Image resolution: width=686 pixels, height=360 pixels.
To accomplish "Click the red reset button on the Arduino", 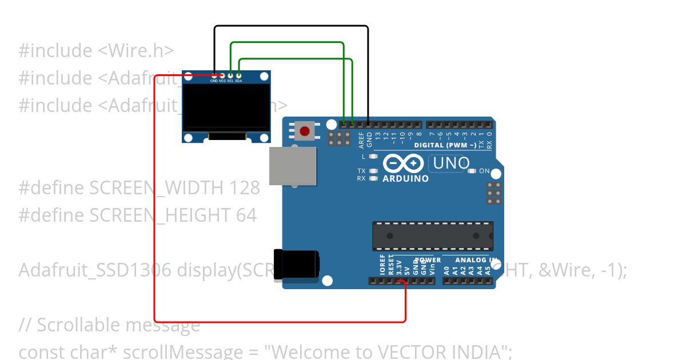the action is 305,131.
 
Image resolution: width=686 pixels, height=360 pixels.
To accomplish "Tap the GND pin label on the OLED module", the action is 214,81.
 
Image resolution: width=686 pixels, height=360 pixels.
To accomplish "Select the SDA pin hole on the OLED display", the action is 239,75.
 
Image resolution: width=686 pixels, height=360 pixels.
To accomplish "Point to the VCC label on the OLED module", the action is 222,81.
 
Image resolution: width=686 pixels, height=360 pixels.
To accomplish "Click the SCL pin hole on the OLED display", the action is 230,75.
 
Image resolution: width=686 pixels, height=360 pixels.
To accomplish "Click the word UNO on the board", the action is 451,163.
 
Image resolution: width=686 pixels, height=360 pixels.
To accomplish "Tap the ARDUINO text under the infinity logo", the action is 405,179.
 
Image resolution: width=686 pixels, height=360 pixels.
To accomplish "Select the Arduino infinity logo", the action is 405,163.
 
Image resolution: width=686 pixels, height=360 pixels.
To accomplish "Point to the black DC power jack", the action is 296,265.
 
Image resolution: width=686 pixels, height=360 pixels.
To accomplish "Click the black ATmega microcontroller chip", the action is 433,236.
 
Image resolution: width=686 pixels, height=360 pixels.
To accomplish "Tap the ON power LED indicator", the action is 472,171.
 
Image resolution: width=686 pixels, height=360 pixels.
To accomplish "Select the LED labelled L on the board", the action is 374,156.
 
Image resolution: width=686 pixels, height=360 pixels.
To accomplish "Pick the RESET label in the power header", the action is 391,266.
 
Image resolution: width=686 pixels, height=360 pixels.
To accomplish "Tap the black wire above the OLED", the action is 292,26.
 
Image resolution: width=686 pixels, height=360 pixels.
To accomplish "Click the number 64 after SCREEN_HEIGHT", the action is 246,215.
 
